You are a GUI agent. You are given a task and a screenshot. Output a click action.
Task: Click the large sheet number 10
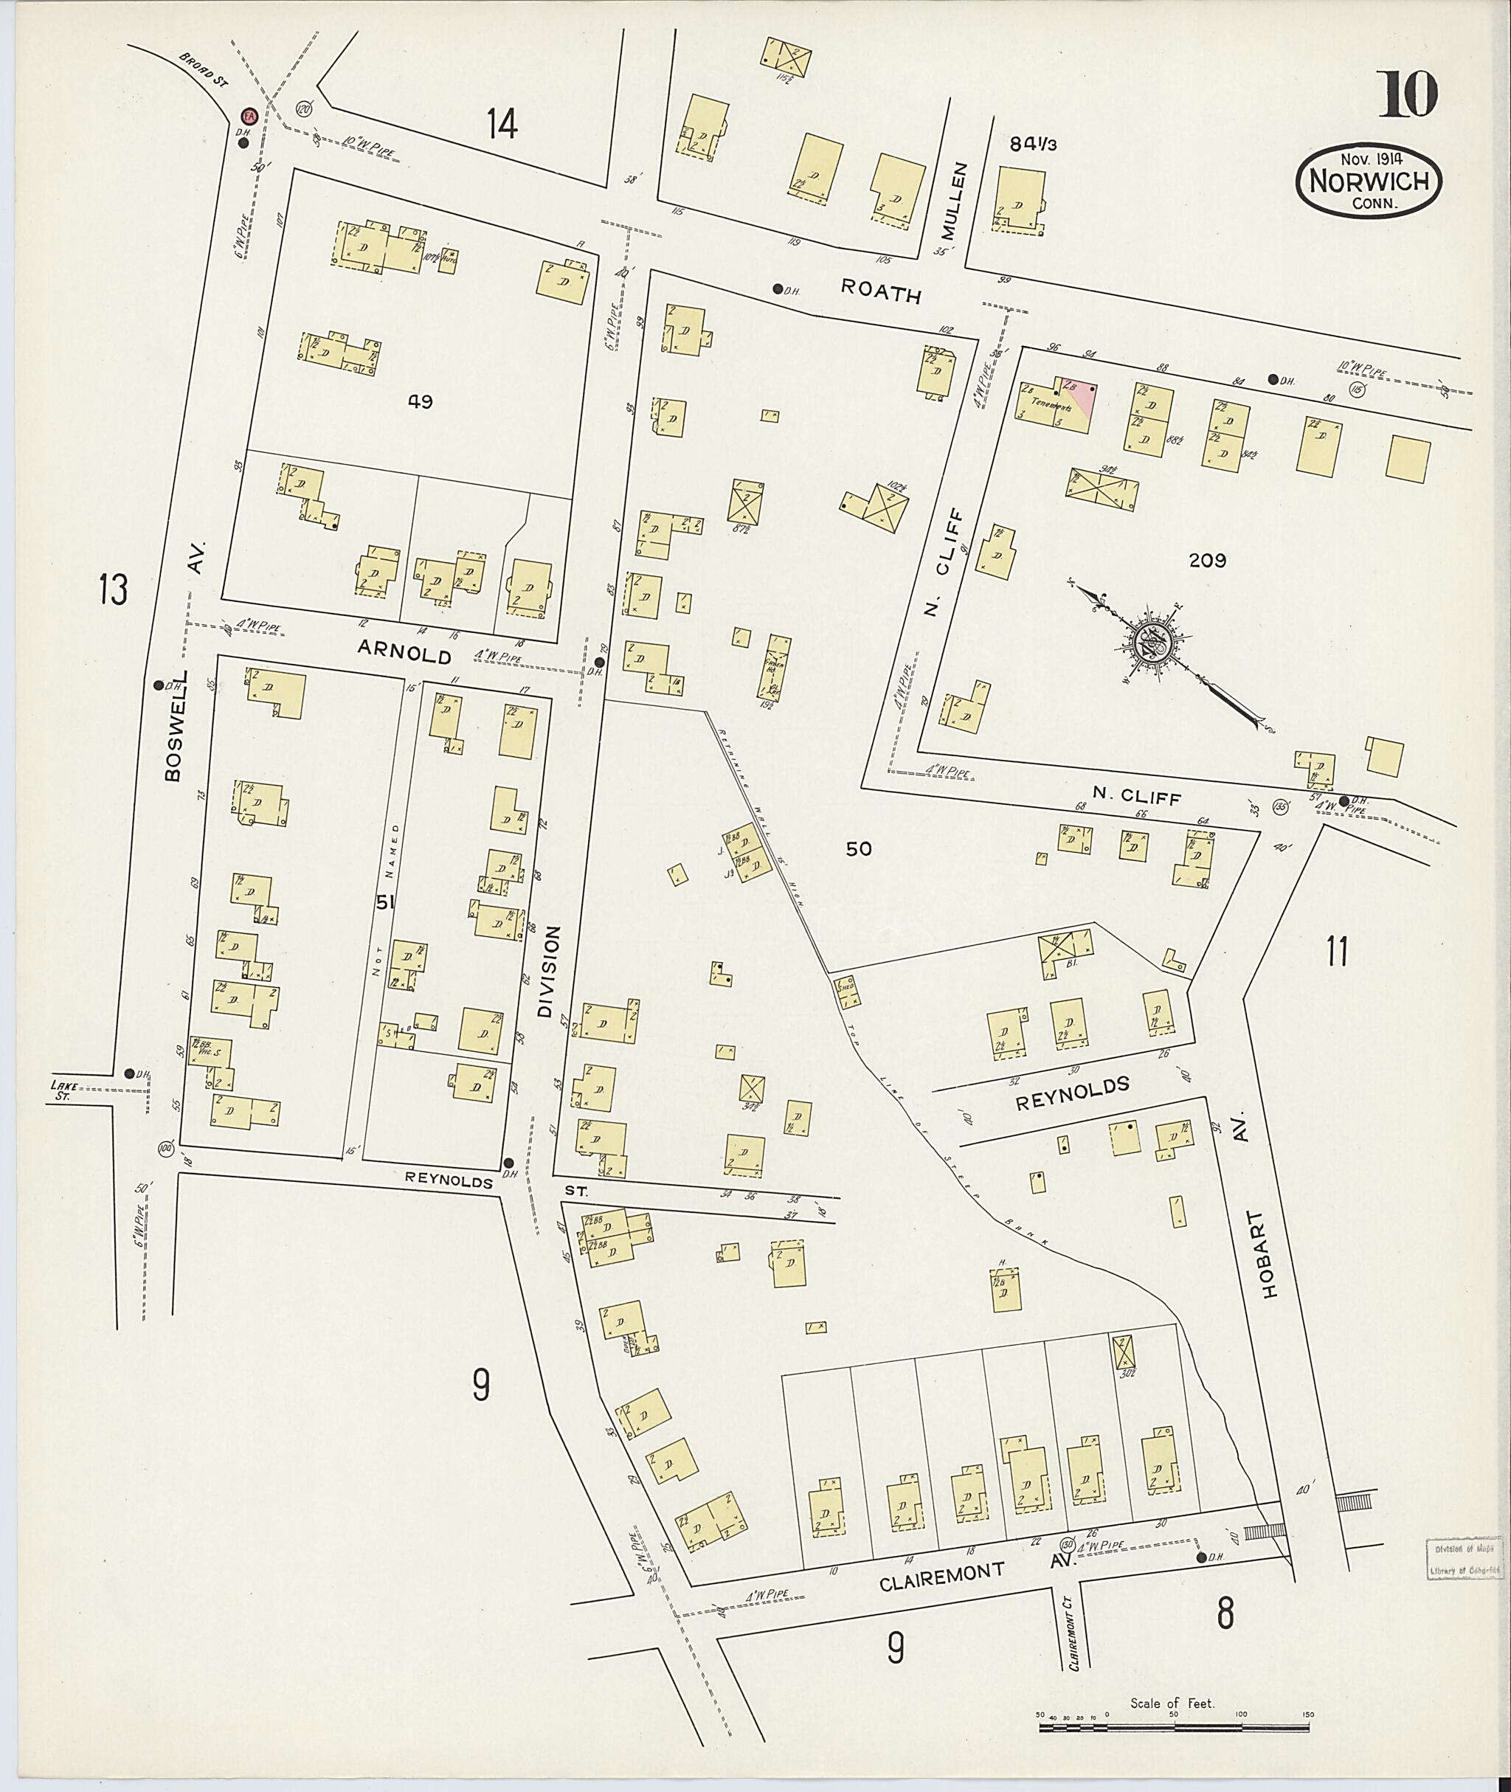pyautogui.click(x=1408, y=95)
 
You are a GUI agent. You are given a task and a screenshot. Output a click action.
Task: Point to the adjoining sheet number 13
pyautogui.click(x=113, y=589)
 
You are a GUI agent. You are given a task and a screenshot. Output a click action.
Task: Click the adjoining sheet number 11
pyautogui.click(x=1337, y=952)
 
